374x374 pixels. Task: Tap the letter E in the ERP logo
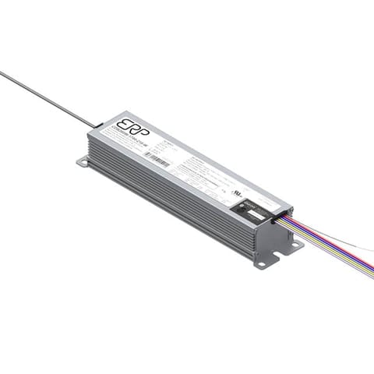122,125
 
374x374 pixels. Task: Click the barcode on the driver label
158,162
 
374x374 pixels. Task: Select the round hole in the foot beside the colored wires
295,245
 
